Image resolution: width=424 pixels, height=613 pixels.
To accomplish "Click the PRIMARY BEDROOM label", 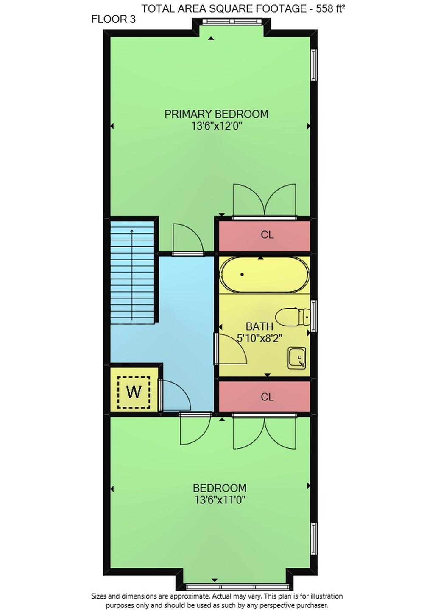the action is (x=216, y=114).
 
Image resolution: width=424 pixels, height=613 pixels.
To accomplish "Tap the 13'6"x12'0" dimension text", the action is (x=217, y=126).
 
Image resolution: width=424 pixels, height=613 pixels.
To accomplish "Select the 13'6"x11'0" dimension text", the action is (x=220, y=500).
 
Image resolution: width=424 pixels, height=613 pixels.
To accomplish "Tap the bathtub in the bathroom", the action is (x=265, y=274).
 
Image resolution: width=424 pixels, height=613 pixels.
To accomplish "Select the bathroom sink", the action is (x=296, y=358).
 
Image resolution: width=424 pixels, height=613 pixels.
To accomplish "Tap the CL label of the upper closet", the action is (x=267, y=235).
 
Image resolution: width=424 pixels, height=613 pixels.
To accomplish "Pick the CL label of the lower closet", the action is (x=267, y=397).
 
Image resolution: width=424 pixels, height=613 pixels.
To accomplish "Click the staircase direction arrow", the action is (x=132, y=275).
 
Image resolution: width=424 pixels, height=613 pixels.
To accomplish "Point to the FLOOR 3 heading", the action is (x=113, y=19).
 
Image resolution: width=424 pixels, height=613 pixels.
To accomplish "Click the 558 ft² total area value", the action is (x=330, y=9).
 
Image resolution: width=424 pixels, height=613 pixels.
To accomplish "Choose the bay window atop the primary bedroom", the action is (x=232, y=21).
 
